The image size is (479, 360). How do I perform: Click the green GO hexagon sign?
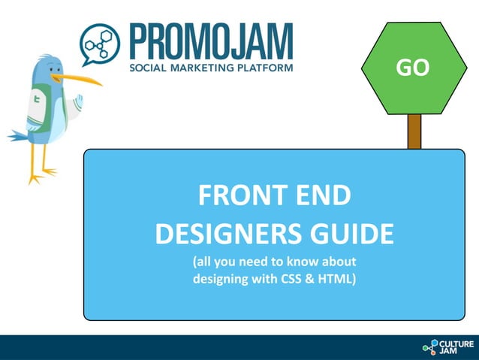pos(412,68)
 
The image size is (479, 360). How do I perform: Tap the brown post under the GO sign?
pos(414,132)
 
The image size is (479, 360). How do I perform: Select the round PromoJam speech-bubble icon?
pos(100,45)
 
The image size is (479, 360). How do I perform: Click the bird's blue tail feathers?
pos(18,136)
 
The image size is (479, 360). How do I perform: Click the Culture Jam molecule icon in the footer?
pos(429,347)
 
